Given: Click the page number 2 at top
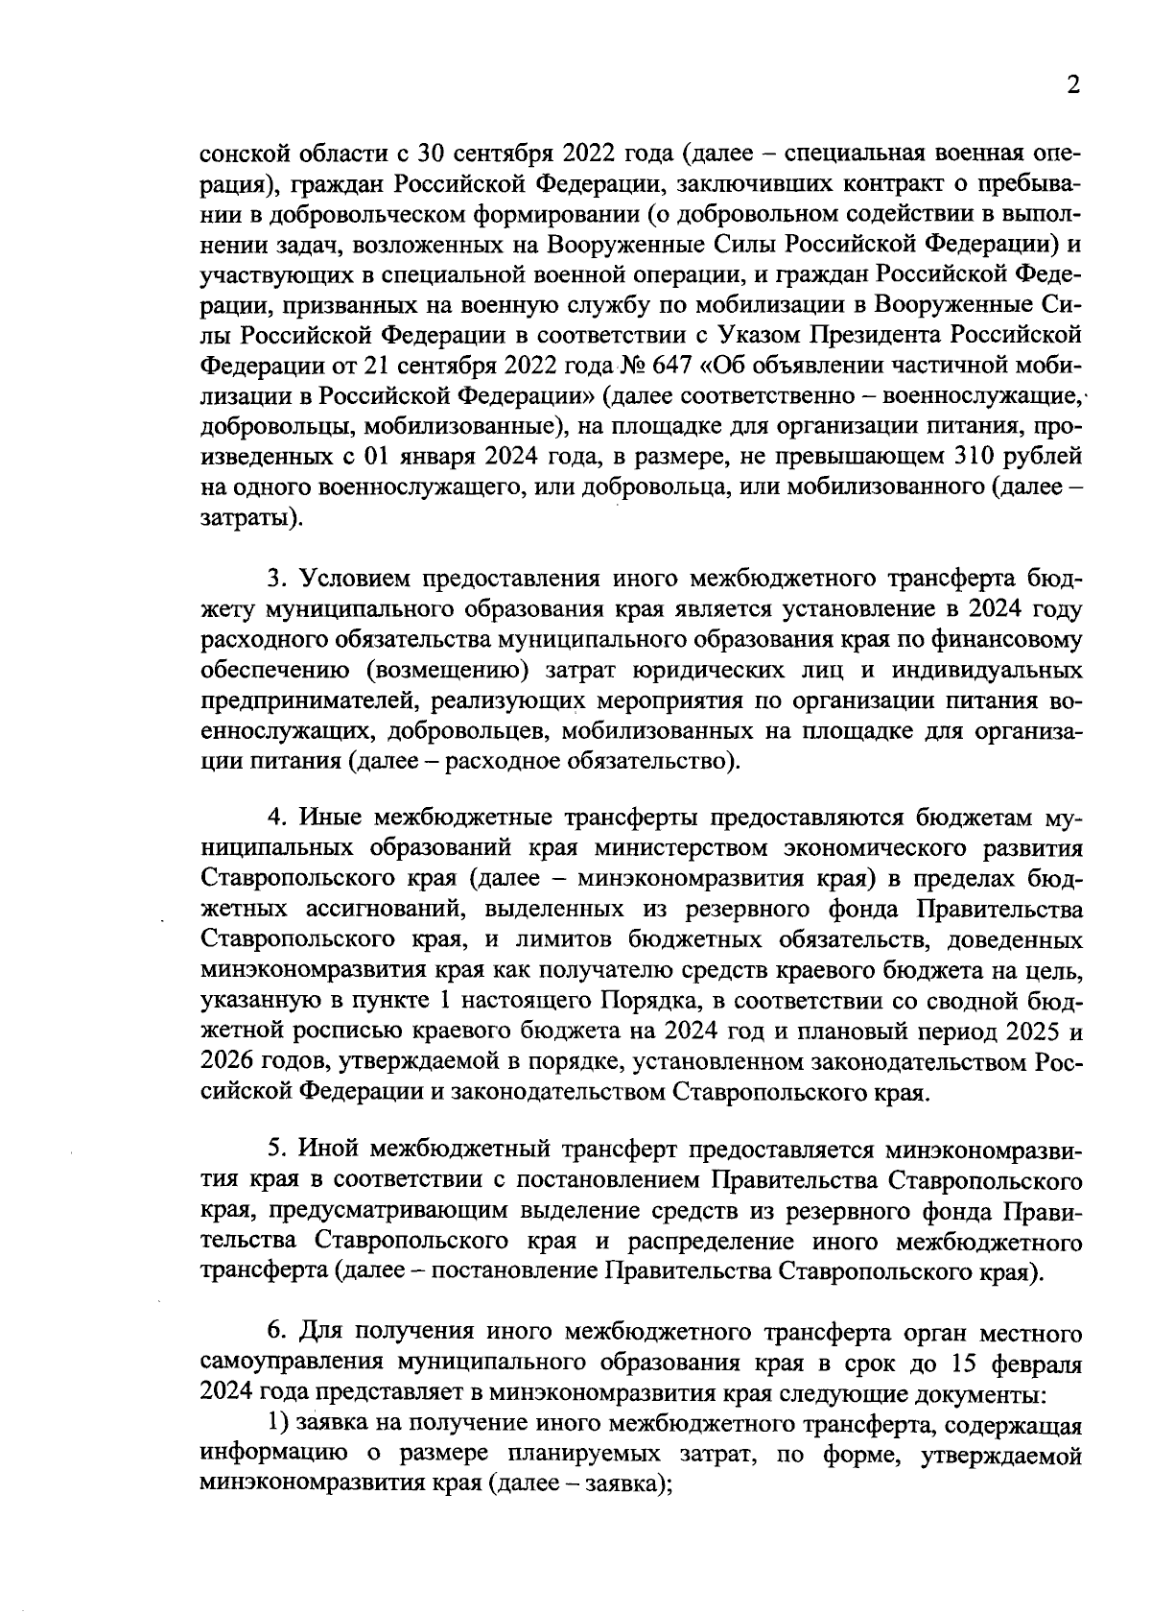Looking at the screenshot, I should click(x=1073, y=85).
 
